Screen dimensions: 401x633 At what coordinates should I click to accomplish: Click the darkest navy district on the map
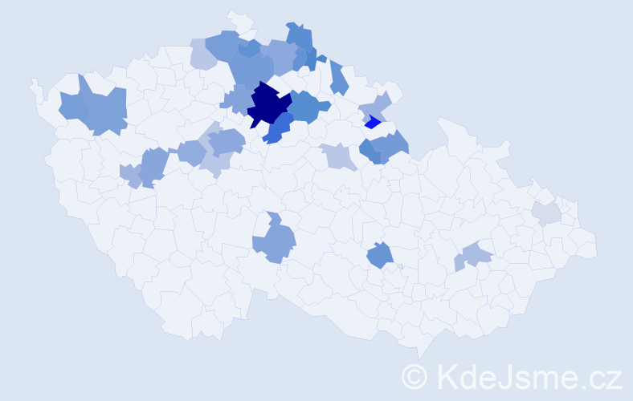pyautogui.click(x=267, y=104)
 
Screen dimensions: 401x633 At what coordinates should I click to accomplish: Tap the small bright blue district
pyautogui.click(x=372, y=123)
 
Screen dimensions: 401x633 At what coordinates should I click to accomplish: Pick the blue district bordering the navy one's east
pyautogui.click(x=306, y=107)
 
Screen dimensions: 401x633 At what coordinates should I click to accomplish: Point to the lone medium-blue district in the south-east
pyautogui.click(x=380, y=256)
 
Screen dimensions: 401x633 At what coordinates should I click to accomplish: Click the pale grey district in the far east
pyautogui.click(x=546, y=213)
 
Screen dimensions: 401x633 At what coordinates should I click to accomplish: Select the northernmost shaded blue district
pyautogui.click(x=299, y=36)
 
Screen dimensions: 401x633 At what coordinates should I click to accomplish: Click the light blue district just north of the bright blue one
pyautogui.click(x=374, y=106)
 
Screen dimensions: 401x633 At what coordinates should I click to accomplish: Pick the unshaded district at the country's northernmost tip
pyautogui.click(x=239, y=20)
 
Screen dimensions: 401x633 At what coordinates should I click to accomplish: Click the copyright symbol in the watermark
pyautogui.click(x=415, y=376)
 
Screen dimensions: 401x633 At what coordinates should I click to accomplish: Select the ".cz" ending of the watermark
pyautogui.click(x=601, y=376)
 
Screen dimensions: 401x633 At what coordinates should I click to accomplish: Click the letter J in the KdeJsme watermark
pyautogui.click(x=508, y=376)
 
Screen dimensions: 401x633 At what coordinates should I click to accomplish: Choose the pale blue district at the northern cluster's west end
pyautogui.click(x=202, y=54)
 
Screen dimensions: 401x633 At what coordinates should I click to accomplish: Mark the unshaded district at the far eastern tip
pyautogui.click(x=586, y=245)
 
